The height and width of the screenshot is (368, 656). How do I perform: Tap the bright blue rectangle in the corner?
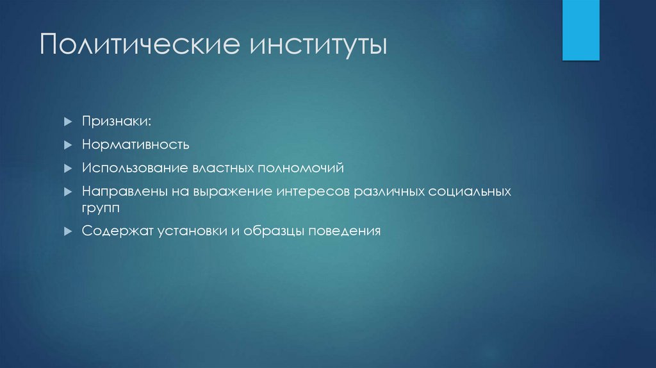coord(580,30)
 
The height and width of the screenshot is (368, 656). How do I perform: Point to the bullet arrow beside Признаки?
coord(68,121)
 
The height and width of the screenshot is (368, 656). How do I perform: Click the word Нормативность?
coord(135,144)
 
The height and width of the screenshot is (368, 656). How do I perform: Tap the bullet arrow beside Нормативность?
coord(68,144)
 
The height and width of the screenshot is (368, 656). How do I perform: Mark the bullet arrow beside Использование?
coord(68,168)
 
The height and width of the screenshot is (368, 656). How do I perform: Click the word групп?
coord(101,208)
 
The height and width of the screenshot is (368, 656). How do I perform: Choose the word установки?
coord(188,231)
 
